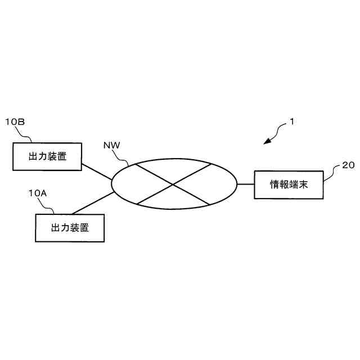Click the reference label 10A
[38, 192]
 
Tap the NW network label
[111, 146]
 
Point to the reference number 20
[348, 165]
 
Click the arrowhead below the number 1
[267, 142]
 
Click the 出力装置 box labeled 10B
[47, 156]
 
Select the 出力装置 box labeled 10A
[70, 228]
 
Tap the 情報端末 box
[289, 184]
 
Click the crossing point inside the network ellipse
[173, 184]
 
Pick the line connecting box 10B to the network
[97, 172]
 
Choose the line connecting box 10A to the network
[93, 204]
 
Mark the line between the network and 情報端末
[245, 184]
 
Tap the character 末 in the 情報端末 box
[304, 184]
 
